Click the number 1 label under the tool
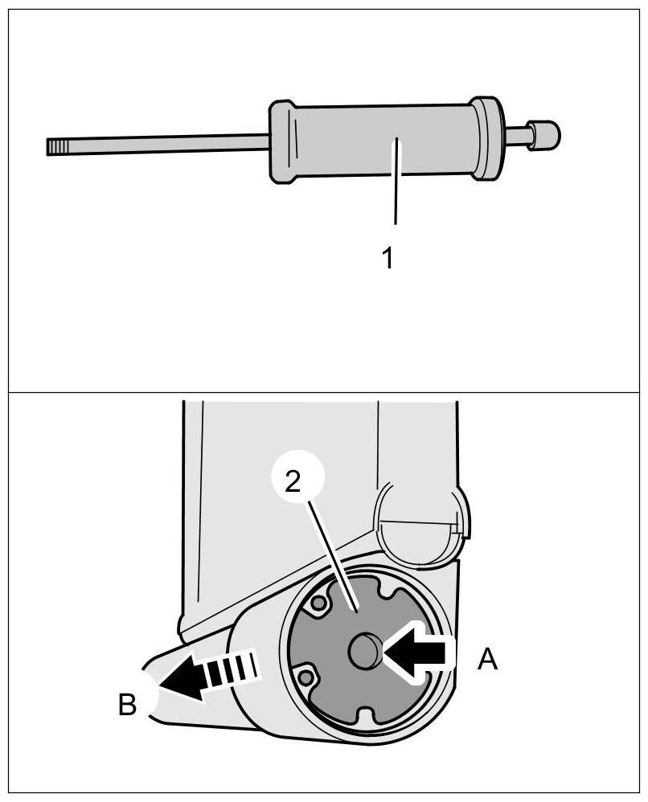(388, 259)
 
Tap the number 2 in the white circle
(293, 481)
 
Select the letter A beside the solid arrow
(487, 661)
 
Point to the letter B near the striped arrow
(128, 704)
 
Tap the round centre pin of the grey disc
(364, 648)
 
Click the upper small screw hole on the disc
(320, 602)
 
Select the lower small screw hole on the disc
(306, 679)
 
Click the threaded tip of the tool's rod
(56, 146)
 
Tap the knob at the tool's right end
(543, 133)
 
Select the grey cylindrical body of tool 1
(378, 141)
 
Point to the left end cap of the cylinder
(281, 143)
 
